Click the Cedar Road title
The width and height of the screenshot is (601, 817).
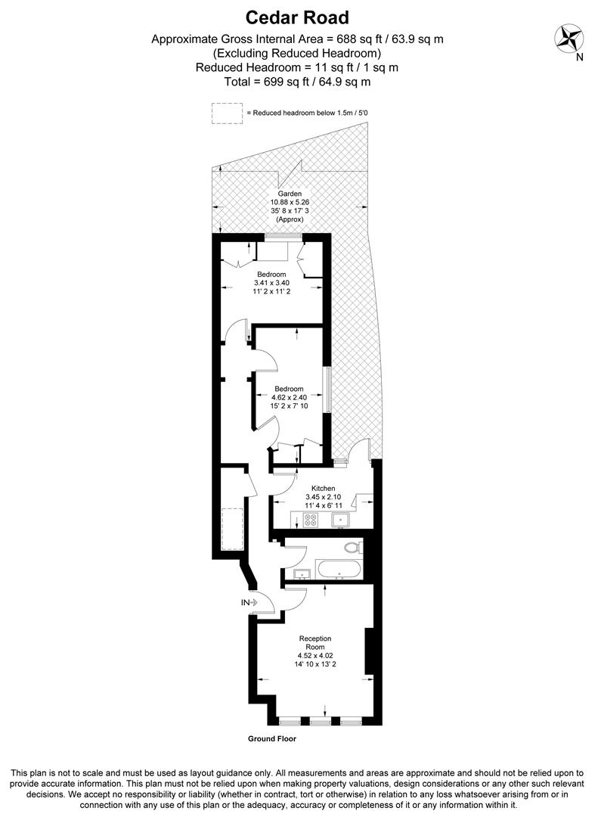click(x=300, y=17)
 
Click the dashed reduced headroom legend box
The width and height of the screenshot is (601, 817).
click(x=225, y=113)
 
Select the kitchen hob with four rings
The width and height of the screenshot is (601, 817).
click(x=309, y=520)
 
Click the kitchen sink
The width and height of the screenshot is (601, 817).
click(x=340, y=520)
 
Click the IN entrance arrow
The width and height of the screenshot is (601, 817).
click(x=249, y=602)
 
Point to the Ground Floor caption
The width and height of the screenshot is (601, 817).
click(x=271, y=738)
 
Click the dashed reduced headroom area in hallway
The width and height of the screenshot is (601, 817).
click(x=231, y=530)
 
